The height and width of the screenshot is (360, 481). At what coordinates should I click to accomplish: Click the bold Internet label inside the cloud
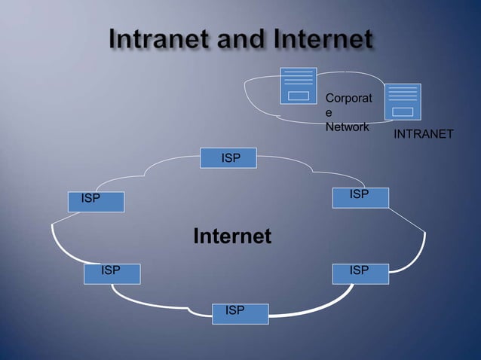pos(232,236)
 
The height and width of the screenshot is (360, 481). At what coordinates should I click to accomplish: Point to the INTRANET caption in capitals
pos(424,134)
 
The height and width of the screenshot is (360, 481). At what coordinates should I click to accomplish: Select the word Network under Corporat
pos(347,127)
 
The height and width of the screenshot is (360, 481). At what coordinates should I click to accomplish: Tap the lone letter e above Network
pos(329,112)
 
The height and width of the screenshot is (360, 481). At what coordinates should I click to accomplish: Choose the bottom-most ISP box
pos(240,313)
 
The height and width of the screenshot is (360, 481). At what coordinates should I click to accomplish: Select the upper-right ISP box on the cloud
pos(360,197)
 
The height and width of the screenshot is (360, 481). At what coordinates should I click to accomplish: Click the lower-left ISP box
pos(112,273)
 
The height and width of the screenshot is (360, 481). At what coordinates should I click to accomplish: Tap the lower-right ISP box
pos(360,273)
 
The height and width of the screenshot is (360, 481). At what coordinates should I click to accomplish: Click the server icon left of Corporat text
pos(298,85)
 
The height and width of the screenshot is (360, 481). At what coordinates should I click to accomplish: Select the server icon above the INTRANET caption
pos(403,102)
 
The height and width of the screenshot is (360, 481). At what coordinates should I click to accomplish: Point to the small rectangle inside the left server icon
pos(299,96)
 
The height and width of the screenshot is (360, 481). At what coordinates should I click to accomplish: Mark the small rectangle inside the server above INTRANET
pos(403,112)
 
